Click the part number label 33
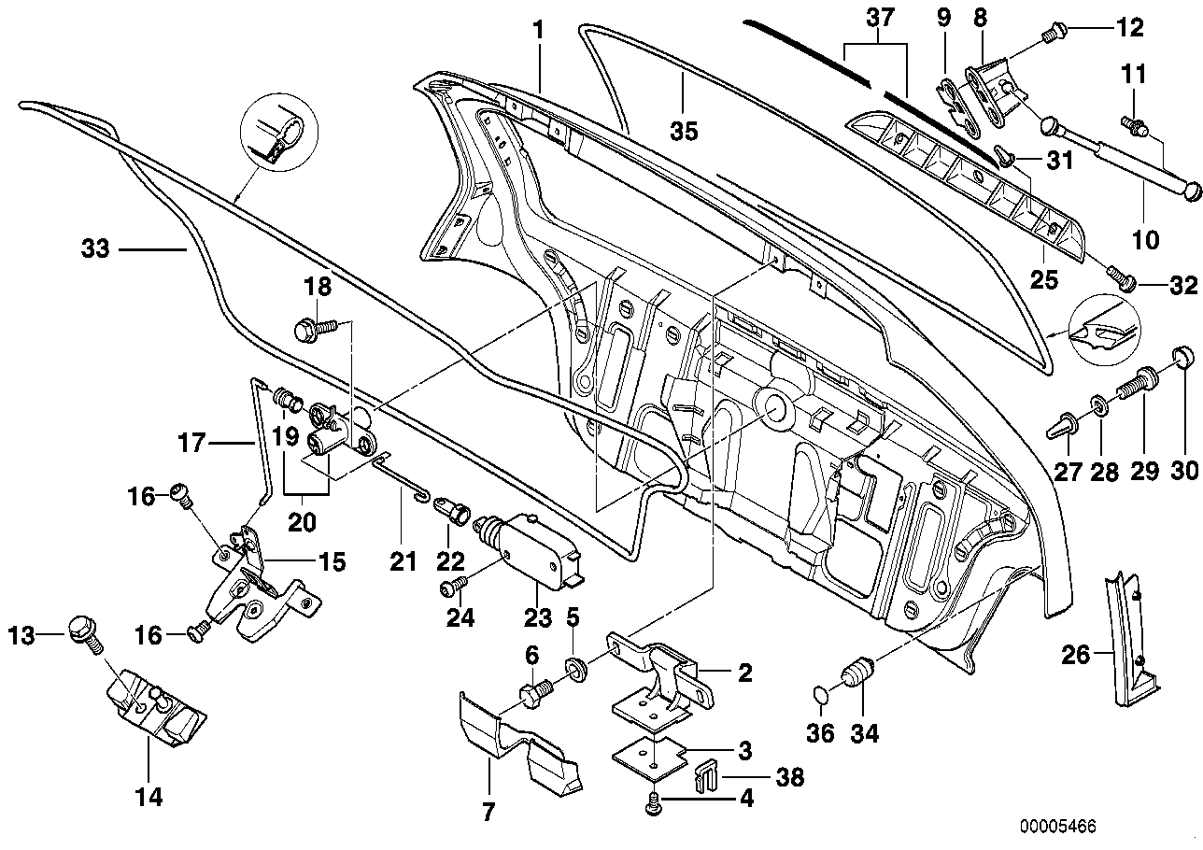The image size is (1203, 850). coord(95,249)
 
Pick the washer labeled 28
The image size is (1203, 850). coord(1100,406)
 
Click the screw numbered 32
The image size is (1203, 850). coord(1120,277)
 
